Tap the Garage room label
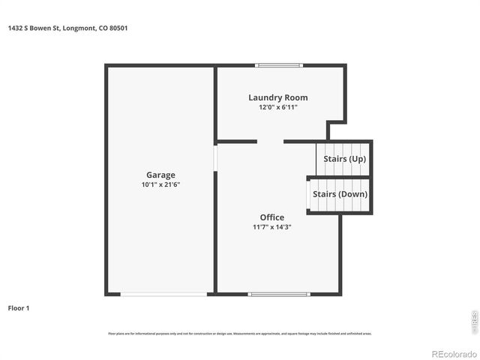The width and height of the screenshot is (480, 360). (160, 175)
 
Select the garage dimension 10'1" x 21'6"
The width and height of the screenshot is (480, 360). (160, 184)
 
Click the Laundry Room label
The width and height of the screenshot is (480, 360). (277, 97)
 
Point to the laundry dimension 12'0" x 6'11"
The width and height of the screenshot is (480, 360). (277, 107)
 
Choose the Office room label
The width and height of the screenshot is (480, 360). (271, 217)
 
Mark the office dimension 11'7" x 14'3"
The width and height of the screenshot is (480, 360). (271, 226)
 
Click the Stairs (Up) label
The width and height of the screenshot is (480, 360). (344, 159)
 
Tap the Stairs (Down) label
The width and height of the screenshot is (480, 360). (340, 194)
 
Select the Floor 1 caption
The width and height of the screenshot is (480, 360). (19, 308)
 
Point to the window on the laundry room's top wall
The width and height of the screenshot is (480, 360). (279, 66)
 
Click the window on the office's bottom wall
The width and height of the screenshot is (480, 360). (279, 294)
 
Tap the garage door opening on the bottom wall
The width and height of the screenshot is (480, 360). (163, 294)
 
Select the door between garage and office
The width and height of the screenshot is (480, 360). (215, 158)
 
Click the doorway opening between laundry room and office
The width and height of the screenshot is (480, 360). (270, 141)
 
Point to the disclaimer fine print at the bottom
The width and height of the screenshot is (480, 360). (239, 333)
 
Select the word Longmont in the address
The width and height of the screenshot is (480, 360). (79, 28)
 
